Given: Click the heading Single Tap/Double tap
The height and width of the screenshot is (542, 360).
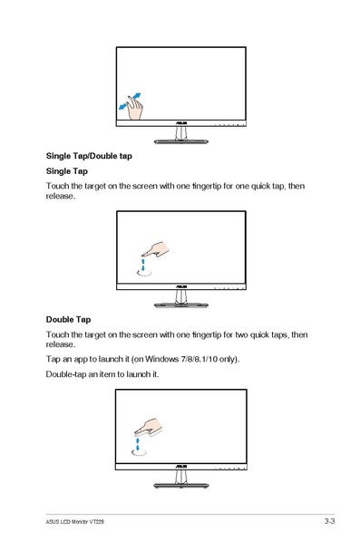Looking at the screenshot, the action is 89,156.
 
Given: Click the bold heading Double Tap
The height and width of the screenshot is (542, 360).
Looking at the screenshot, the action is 68,319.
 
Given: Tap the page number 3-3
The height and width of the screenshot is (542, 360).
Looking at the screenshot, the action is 329,521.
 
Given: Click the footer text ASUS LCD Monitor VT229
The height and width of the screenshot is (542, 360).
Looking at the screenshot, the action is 74,521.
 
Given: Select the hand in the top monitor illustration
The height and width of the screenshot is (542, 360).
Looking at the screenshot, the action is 135,108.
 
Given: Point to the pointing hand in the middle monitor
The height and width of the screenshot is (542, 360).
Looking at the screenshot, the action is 155,249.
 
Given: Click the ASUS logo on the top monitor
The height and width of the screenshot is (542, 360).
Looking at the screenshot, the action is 181,123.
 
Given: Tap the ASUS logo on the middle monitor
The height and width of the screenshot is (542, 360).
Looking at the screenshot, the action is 181,287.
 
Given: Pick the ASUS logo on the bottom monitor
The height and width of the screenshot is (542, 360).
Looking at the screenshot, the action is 181,467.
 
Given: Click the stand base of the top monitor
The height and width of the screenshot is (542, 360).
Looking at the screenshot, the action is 180,141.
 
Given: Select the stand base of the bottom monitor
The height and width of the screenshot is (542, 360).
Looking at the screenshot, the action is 180,485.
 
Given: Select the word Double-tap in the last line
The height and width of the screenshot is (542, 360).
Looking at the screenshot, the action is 65,374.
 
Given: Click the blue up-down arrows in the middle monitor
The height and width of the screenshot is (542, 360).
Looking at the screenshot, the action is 143,265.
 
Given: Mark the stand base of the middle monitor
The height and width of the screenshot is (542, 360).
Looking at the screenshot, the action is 180,305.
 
